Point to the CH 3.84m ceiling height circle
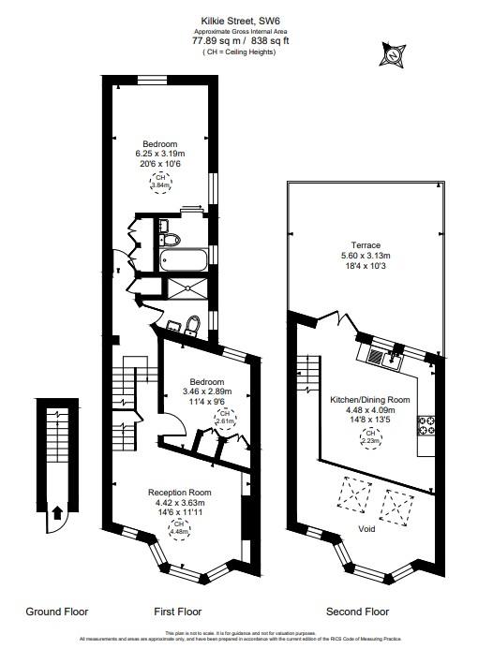click(160, 182)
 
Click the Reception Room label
click(178, 493)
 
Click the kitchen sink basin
click(376, 355)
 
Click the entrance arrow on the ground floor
click(56, 512)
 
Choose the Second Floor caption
click(357, 612)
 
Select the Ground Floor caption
click(56, 612)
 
